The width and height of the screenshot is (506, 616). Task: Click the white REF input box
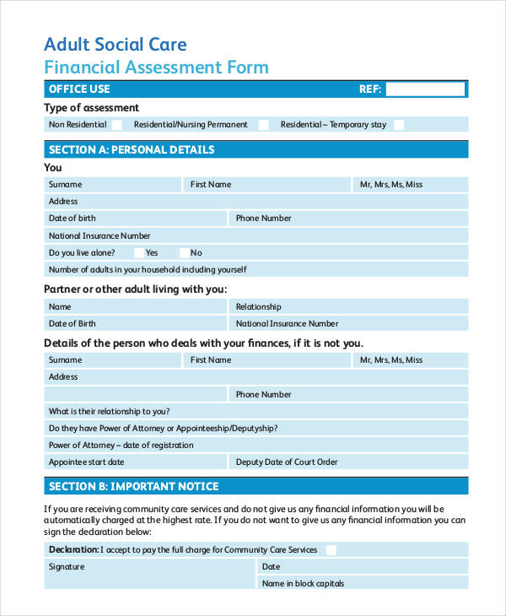pyautogui.click(x=426, y=89)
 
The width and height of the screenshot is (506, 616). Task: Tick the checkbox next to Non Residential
pyautogui.click(x=116, y=125)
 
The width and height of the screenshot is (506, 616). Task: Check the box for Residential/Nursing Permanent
pyautogui.click(x=263, y=125)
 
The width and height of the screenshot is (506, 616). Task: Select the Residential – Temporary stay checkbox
pyautogui.click(x=399, y=125)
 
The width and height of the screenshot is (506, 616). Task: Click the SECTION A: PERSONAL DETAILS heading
pyautogui.click(x=132, y=150)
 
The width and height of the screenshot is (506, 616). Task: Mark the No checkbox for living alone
pyautogui.click(x=182, y=252)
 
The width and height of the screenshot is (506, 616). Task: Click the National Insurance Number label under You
pyautogui.click(x=100, y=235)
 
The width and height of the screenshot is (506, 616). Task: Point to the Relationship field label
pyautogui.click(x=259, y=307)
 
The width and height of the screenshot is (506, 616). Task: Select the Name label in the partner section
pyautogui.click(x=60, y=307)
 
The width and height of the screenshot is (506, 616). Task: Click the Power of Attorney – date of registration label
pyautogui.click(x=121, y=445)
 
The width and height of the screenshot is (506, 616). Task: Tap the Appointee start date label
pyautogui.click(x=86, y=462)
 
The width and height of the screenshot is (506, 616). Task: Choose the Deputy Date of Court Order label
pyautogui.click(x=287, y=462)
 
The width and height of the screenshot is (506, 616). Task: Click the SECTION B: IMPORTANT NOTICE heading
pyautogui.click(x=133, y=486)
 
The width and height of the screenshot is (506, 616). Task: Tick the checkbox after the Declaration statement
pyautogui.click(x=331, y=550)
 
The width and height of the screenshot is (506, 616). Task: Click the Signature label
pyautogui.click(x=67, y=567)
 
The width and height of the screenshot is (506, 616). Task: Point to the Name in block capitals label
pyautogui.click(x=303, y=583)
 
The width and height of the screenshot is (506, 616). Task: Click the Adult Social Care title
pyautogui.click(x=115, y=45)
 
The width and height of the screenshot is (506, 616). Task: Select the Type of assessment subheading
pyautogui.click(x=91, y=108)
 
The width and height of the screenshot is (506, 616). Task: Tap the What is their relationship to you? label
pyautogui.click(x=110, y=411)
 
